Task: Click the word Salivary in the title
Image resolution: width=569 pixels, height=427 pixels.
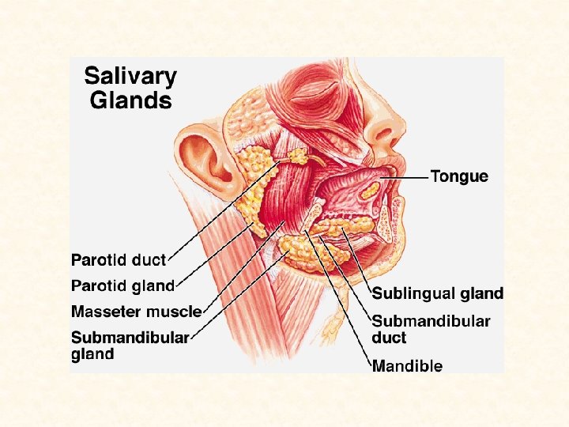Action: tap(130, 77)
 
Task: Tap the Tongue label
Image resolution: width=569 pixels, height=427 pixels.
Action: tap(459, 176)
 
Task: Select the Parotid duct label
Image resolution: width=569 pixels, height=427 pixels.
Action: tap(119, 259)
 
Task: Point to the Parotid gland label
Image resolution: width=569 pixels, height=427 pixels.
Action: tap(122, 285)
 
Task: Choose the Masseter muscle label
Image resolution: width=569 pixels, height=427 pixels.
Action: tap(136, 311)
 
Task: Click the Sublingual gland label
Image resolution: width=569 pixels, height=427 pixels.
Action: tap(437, 293)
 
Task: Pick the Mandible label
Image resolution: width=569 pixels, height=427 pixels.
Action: tap(407, 365)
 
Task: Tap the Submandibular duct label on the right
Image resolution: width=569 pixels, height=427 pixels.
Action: tap(431, 329)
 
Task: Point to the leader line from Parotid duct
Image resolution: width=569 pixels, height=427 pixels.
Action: tap(213, 221)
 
